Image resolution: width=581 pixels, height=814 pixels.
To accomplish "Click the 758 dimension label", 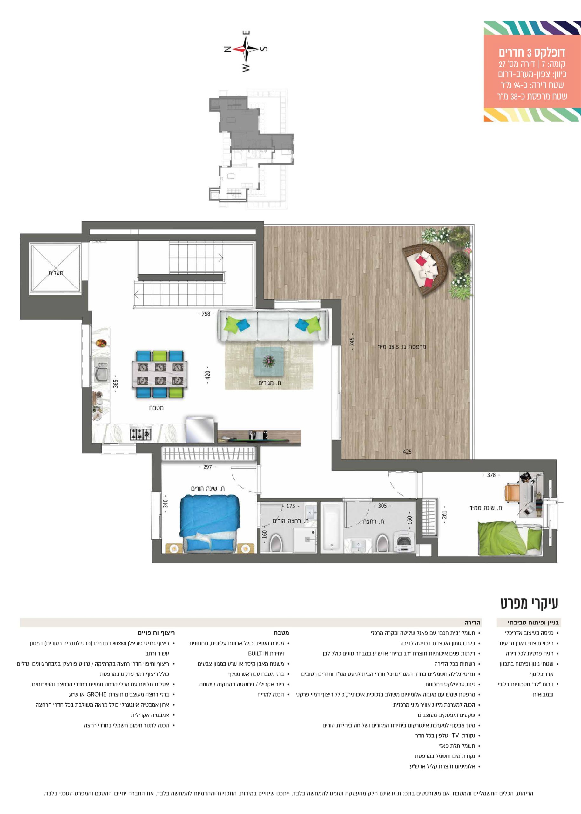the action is click(206, 314).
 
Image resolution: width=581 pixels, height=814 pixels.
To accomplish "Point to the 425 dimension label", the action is click(407, 452).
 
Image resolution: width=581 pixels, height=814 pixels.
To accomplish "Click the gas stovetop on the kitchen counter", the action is click(141, 434).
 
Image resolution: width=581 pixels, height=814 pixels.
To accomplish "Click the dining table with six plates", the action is click(160, 374).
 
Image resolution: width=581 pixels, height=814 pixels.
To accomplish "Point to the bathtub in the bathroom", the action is click(332, 527).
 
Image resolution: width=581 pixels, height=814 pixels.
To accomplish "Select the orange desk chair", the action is click(512, 492).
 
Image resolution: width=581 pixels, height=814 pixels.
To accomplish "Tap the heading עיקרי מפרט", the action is click(529, 603).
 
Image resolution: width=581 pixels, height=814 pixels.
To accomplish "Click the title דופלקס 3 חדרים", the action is click(532, 53).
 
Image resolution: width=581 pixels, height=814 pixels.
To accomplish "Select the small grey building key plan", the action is click(251, 148).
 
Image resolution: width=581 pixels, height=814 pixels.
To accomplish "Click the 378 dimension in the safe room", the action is click(491, 475).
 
